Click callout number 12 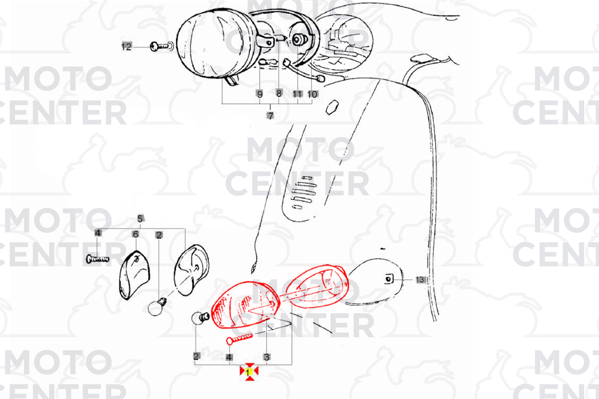[x=126, y=47]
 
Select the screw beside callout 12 [x=162, y=47]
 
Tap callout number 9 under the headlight [x=260, y=94]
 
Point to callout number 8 [x=279, y=93]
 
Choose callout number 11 [x=297, y=94]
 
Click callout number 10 [x=312, y=94]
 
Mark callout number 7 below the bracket [x=270, y=116]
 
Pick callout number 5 [x=140, y=219]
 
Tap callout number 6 [x=136, y=234]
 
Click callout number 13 [x=420, y=280]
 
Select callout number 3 [x=267, y=357]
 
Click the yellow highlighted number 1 [x=248, y=372]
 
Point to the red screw [x=239, y=339]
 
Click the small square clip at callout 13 [x=389, y=279]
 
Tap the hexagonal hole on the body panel [x=332, y=108]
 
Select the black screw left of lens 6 [x=98, y=259]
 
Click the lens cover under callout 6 [x=134, y=275]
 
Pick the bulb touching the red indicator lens [x=200, y=318]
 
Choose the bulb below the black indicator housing [x=157, y=307]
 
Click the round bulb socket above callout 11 [x=297, y=40]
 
